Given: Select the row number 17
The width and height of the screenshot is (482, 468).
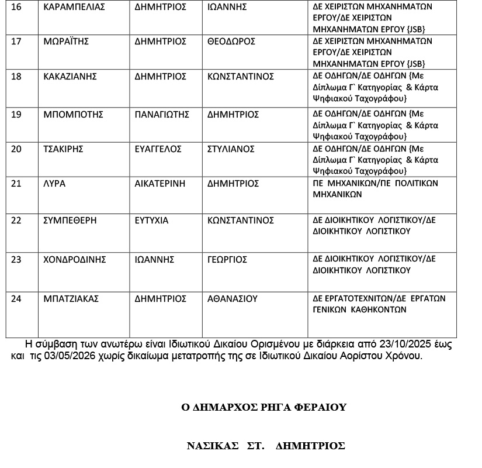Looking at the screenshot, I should click(x=16, y=42).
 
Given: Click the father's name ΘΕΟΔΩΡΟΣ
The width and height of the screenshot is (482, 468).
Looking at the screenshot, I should click(x=231, y=42).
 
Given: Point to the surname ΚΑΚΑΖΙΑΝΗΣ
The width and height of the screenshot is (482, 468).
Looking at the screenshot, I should click(x=70, y=77).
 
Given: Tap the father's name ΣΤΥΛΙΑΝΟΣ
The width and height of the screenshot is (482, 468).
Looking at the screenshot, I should click(x=231, y=149).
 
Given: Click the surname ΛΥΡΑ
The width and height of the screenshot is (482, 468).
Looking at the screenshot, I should click(x=54, y=184).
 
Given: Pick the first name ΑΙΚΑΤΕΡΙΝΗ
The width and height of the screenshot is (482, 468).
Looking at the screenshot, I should click(x=160, y=184).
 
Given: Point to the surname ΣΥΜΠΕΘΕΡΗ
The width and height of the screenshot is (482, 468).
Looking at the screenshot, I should click(x=70, y=221).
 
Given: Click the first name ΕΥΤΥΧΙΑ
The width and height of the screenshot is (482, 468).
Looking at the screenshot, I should click(x=151, y=221).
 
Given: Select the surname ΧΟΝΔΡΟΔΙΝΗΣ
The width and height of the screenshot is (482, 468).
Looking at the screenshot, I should click(x=74, y=259).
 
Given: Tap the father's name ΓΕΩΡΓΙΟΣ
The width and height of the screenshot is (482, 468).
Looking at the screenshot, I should click(x=228, y=259).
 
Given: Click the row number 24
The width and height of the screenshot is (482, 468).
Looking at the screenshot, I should click(x=16, y=298).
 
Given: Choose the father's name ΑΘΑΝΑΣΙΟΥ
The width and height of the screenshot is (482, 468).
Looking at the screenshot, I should click(x=233, y=298).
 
